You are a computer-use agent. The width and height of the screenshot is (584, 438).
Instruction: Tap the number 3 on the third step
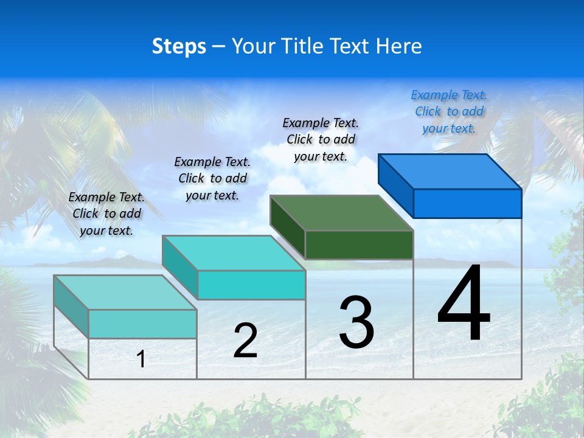point(356,322)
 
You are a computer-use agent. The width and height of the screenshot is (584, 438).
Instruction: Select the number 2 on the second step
point(245,341)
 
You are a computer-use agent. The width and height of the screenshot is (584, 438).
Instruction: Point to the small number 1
point(141,360)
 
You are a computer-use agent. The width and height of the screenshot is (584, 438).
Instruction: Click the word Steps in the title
point(179,46)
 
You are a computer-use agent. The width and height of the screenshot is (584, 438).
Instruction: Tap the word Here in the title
point(399,46)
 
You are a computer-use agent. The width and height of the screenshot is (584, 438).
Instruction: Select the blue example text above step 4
point(449,111)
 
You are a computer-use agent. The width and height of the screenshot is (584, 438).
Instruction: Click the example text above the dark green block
point(321,139)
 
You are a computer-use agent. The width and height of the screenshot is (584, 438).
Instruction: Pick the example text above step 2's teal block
point(212,178)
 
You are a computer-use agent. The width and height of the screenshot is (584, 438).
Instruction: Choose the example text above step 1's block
point(106,214)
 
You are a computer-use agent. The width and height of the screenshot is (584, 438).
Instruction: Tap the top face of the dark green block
point(342,213)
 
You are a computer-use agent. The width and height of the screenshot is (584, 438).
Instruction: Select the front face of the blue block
point(467,203)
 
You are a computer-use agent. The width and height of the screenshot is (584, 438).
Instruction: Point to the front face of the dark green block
point(359,245)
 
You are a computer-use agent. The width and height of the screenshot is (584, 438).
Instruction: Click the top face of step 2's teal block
point(234,253)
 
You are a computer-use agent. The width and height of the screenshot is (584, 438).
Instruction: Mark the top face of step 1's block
point(125,293)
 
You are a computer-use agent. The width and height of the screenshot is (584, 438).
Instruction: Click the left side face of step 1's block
point(71,306)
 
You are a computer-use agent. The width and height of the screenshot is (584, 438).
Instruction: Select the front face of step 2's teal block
point(251,285)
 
